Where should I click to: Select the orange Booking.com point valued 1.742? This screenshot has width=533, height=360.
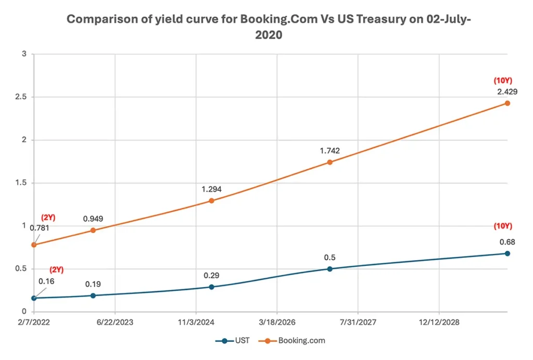point(329,162)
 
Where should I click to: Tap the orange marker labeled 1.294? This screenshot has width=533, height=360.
point(211,200)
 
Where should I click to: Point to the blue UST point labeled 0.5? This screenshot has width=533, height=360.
point(329,269)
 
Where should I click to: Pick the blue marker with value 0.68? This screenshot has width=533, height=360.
point(507,253)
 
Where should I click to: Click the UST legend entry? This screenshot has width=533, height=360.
point(233,341)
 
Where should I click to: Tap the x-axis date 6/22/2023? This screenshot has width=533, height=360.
point(115,323)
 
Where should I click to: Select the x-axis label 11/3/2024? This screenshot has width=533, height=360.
point(196,323)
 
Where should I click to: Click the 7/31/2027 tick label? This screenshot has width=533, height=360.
point(359,323)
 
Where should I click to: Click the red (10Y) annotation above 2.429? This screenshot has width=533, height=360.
point(503,81)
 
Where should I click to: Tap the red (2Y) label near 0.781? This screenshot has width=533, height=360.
point(48,218)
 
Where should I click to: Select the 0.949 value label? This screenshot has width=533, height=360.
point(94,219)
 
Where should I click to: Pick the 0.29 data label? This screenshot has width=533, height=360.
point(212,275)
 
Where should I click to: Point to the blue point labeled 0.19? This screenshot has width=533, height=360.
point(93,295)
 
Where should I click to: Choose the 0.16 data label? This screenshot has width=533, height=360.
point(46,281)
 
